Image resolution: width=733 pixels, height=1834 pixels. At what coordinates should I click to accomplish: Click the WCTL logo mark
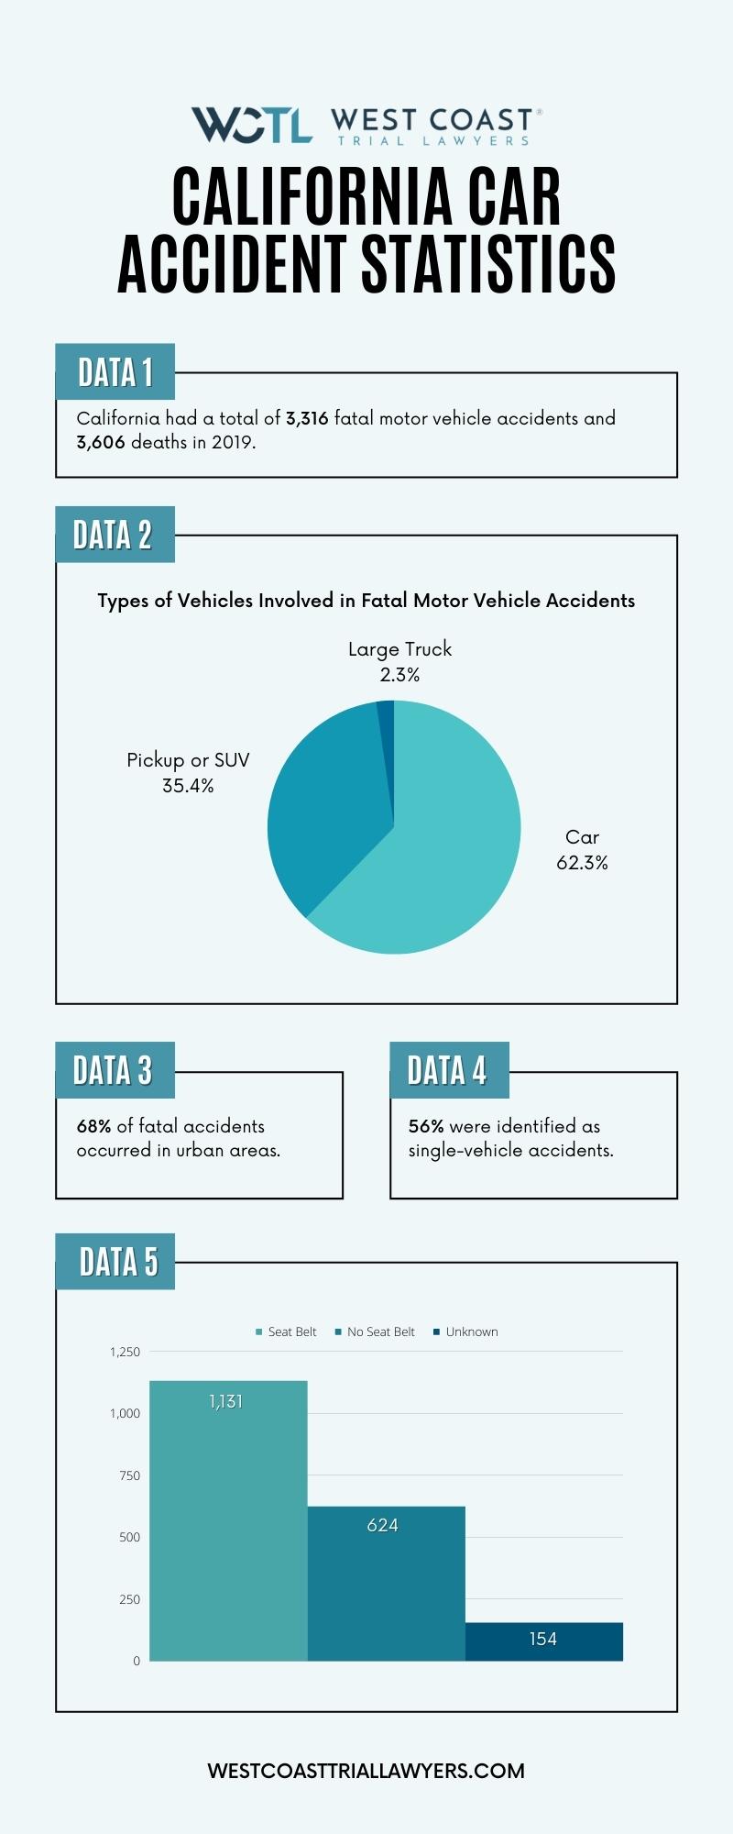[251, 125]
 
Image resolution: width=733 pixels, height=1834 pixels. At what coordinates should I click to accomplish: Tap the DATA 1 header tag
[115, 372]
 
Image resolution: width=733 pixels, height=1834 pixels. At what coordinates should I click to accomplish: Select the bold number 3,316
[307, 418]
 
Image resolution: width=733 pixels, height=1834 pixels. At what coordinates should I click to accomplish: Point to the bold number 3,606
[101, 442]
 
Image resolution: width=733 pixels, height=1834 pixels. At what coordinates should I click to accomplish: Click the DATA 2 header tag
[114, 535]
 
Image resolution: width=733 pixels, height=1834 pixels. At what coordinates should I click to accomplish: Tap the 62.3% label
[582, 863]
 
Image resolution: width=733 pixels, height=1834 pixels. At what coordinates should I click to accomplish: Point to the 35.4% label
[188, 786]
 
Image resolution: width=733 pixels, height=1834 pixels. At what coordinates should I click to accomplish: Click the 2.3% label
[399, 675]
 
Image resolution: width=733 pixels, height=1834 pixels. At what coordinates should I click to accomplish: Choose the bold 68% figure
[93, 1126]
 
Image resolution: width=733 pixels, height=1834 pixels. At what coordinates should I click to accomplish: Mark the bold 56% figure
[426, 1126]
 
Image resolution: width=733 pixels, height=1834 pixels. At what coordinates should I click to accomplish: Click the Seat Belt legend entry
[286, 1331]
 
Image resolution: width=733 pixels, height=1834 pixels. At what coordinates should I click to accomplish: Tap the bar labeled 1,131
[228, 1522]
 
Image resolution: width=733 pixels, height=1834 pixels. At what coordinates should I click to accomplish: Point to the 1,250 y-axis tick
[126, 1352]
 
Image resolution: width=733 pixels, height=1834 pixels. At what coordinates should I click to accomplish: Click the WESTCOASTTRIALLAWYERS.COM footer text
[366, 1771]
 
